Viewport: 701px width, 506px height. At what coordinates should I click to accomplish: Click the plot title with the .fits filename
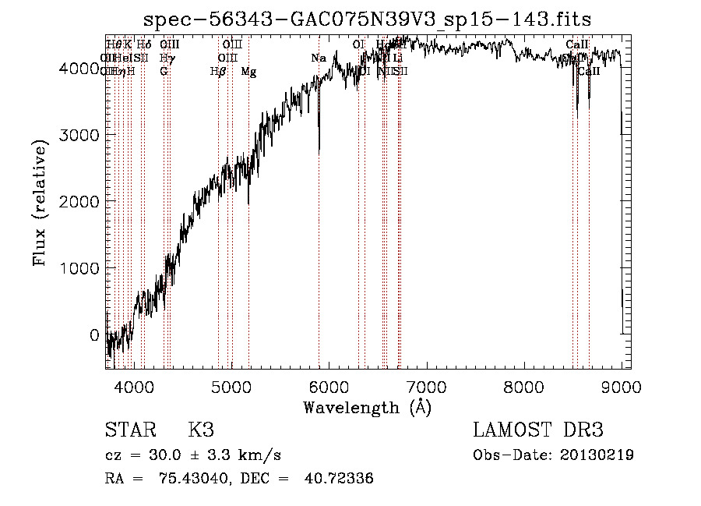coord(368,19)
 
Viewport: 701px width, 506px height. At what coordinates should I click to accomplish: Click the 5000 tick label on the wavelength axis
coord(231,385)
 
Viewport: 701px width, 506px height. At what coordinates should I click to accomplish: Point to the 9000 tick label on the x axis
coord(621,385)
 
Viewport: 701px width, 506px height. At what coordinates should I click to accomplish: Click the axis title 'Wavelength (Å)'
coord(367,407)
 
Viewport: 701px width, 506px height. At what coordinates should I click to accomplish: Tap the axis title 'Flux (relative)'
coord(40,202)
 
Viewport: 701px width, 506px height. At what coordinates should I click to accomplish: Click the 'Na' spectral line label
coord(319,58)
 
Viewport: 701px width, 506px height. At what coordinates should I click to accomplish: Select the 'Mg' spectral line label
coord(248,72)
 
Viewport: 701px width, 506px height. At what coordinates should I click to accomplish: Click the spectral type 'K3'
coord(201,430)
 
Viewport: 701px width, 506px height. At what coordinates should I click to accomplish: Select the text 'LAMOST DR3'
coord(538,430)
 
